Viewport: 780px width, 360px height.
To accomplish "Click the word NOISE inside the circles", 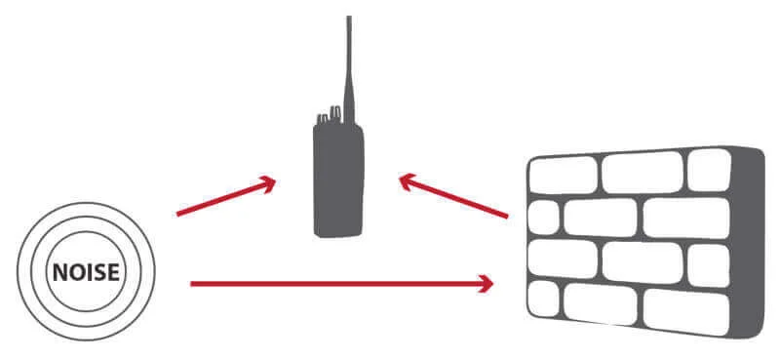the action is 86,272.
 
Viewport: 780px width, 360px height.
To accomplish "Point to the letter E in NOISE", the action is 113,272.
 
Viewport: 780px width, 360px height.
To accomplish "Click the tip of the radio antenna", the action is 349,18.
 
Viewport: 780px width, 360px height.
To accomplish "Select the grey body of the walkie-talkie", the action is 338,180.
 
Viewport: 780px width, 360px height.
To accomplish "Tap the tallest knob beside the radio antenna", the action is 336,114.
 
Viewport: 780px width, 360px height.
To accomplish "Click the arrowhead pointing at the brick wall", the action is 486,284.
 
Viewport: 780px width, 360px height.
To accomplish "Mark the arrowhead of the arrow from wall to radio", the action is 408,181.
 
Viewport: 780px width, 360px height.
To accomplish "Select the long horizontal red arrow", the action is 342,284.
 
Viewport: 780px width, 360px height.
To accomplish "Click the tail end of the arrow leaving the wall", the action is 507,217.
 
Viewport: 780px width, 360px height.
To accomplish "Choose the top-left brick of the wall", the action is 563,176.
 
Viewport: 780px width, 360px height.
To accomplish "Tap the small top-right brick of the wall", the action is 710,170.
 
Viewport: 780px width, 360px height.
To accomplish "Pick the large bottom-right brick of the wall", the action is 686,313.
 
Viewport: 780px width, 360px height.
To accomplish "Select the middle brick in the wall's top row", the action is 643,173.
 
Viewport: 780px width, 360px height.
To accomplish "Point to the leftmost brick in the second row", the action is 543,218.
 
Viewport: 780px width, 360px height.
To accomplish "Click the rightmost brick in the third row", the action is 709,266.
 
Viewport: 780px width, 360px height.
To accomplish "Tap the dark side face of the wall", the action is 748,243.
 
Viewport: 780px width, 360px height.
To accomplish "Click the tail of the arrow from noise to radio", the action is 178,215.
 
